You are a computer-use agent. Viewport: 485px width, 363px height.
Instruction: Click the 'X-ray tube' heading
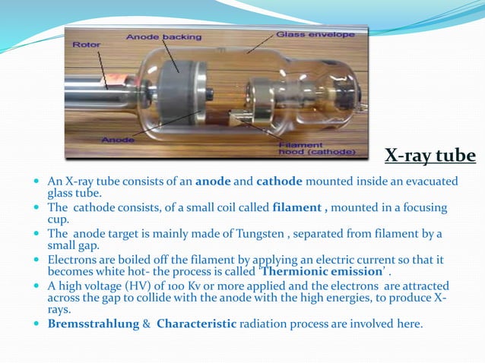(430, 156)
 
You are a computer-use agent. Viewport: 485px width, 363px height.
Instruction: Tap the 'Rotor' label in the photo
(86, 45)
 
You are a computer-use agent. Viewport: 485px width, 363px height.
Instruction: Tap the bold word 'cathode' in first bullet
(279, 181)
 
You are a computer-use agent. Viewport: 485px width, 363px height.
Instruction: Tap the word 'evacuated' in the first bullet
(431, 181)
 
